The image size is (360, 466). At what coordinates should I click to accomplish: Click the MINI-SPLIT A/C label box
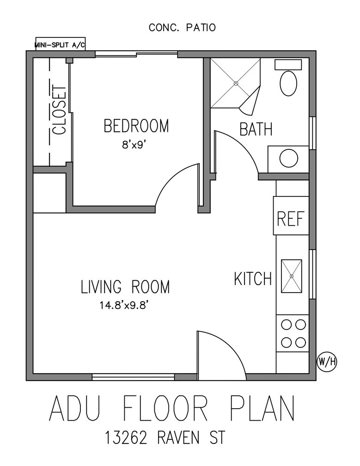tap(60, 45)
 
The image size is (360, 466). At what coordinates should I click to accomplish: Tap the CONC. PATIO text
tap(182, 28)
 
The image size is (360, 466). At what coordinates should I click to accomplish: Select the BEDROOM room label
tap(136, 126)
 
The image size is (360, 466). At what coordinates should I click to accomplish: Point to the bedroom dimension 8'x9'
tap(136, 144)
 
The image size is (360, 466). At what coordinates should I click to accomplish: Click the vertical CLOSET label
tap(59, 110)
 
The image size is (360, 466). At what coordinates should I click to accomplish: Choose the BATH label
tap(256, 129)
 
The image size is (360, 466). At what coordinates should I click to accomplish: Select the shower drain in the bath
tap(235, 84)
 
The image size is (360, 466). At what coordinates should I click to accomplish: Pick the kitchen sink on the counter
tap(292, 276)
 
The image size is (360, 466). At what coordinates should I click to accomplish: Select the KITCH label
tap(252, 279)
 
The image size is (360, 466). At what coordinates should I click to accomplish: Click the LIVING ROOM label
tap(125, 287)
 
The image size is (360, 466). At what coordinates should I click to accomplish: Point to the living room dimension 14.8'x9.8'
tap(125, 305)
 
